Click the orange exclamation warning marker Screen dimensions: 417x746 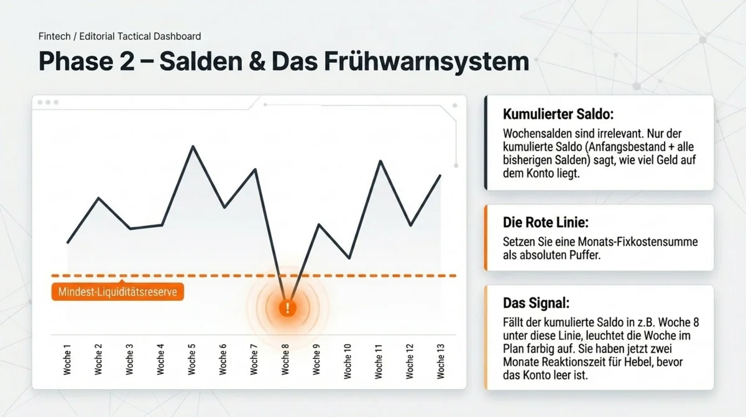tap(287, 307)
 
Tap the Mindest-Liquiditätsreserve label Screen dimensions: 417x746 tap(117, 292)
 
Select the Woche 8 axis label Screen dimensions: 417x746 tap(286, 360)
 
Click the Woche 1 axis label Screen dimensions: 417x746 tap(67, 360)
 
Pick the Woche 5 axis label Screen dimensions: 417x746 tap(192, 360)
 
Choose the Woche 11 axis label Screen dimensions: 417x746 tap(379, 360)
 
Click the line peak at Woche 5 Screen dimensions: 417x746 tap(193, 147)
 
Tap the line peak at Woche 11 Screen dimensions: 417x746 tap(379, 161)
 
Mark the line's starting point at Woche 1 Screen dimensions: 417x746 tap(67, 243)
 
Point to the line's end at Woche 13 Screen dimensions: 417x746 tap(441, 176)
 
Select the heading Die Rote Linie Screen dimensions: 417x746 tap(538, 222)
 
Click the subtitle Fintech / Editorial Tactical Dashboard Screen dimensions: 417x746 tap(119, 37)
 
